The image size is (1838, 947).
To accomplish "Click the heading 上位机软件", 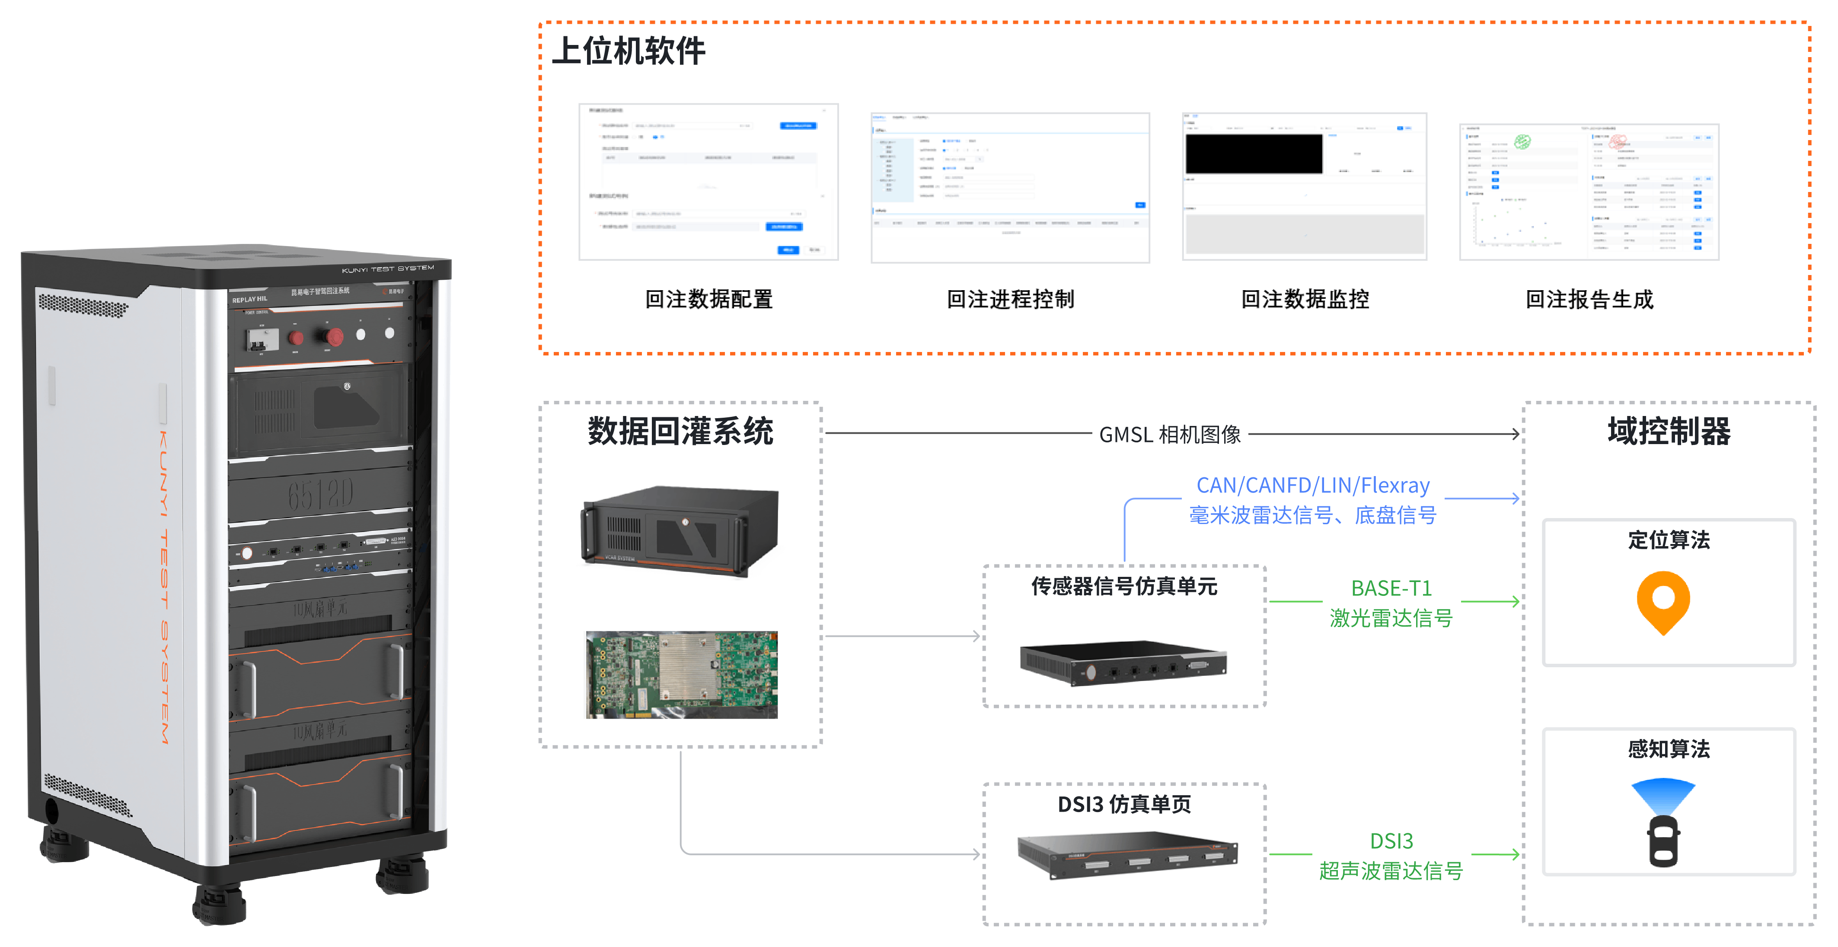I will click(629, 51).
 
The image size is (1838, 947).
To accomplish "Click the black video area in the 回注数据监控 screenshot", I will click(1254, 154).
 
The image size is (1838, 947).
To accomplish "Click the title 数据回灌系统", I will click(680, 432).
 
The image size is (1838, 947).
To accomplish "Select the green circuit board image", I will click(681, 675).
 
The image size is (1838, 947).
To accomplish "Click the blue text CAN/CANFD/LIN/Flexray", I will click(1313, 485).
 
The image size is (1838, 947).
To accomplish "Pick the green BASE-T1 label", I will click(1391, 588).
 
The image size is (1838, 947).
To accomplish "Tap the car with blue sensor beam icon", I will click(1663, 822).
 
